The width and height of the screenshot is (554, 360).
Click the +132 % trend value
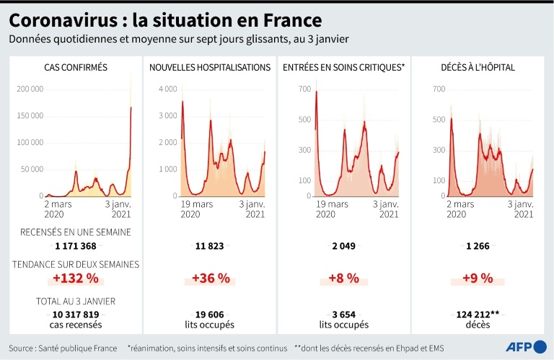(x=75, y=278)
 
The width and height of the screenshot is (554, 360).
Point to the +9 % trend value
(x=478, y=278)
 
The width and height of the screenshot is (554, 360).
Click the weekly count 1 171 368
(x=76, y=246)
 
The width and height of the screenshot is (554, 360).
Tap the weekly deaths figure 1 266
(x=478, y=246)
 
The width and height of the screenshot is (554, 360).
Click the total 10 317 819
(x=76, y=315)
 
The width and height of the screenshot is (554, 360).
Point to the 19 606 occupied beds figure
(x=209, y=315)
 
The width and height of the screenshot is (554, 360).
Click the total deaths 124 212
(x=475, y=315)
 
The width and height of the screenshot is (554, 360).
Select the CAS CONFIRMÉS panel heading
(x=76, y=68)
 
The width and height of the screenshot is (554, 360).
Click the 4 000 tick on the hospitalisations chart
(x=167, y=89)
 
